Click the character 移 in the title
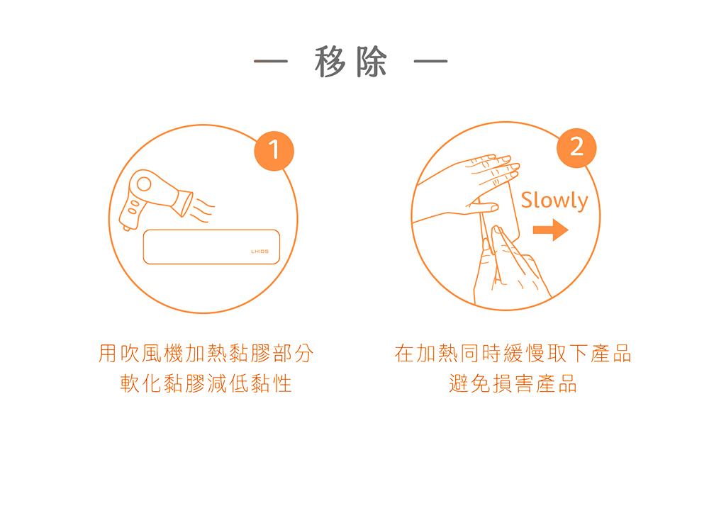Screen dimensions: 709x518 tap(330, 62)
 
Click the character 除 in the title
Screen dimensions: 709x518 tap(372, 62)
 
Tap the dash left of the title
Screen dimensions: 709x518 tap(271, 61)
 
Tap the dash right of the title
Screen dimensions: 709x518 tap(431, 61)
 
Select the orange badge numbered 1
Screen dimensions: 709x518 tap(274, 150)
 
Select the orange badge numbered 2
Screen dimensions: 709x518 tap(576, 148)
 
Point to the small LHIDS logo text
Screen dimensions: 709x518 tap(260, 252)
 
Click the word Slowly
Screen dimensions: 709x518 tap(554, 201)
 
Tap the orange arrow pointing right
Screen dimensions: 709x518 tap(550, 230)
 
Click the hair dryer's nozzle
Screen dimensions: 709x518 tap(183, 203)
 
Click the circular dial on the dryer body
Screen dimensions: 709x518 tap(144, 184)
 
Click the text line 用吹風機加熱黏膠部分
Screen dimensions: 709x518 tap(206, 354)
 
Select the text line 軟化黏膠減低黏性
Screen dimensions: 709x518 tap(206, 384)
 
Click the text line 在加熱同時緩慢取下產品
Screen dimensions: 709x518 tap(513, 354)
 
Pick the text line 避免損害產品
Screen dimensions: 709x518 tap(513, 384)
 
